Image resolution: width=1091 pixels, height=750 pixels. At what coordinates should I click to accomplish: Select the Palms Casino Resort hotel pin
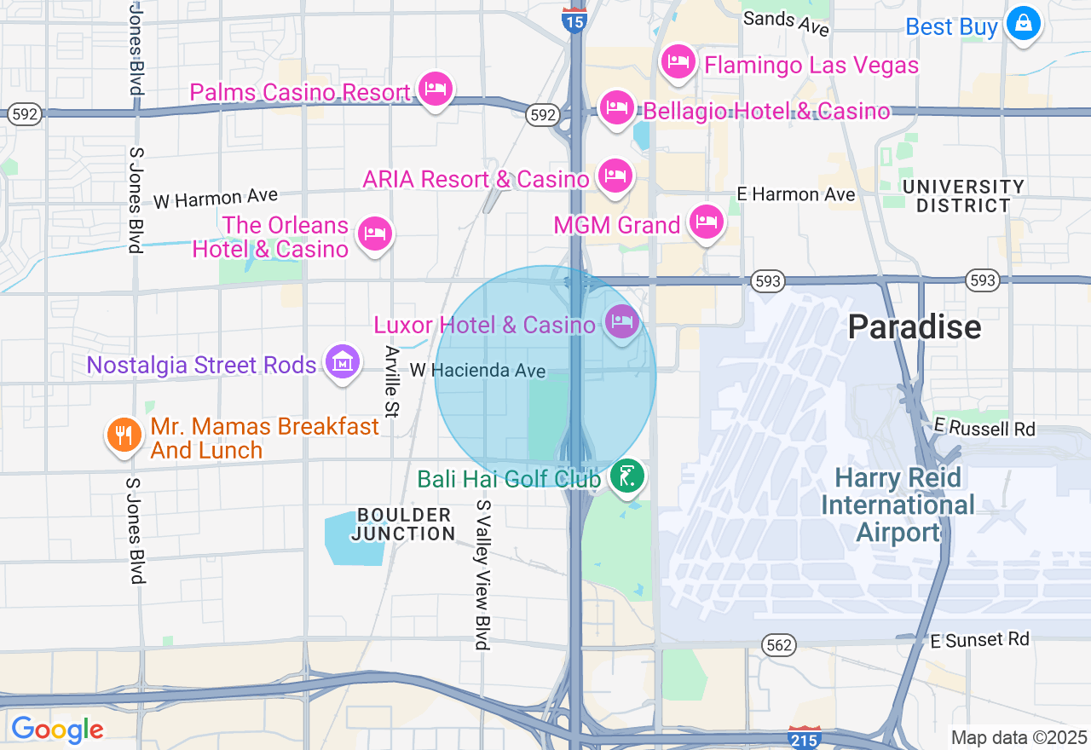point(436,89)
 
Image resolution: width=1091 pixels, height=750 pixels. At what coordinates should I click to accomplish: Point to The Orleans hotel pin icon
point(374,234)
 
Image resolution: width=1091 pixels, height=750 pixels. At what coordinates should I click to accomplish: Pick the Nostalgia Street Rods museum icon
point(342,362)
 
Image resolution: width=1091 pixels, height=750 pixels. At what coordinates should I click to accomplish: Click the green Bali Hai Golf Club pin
point(627,476)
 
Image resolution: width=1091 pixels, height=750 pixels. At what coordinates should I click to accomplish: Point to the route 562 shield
point(779,645)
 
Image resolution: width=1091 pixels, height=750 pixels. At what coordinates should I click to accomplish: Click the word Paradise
point(915,326)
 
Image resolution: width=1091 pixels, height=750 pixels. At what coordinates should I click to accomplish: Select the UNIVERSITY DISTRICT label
point(955,196)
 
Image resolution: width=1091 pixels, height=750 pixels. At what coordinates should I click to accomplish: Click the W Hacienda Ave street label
point(477,371)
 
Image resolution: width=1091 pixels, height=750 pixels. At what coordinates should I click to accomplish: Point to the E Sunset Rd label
point(979,639)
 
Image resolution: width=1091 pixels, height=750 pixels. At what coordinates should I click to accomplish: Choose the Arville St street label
point(392,382)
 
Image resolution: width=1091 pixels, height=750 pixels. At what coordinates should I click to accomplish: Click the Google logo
point(57,730)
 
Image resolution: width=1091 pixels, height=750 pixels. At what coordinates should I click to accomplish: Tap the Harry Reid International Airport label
point(898,505)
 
